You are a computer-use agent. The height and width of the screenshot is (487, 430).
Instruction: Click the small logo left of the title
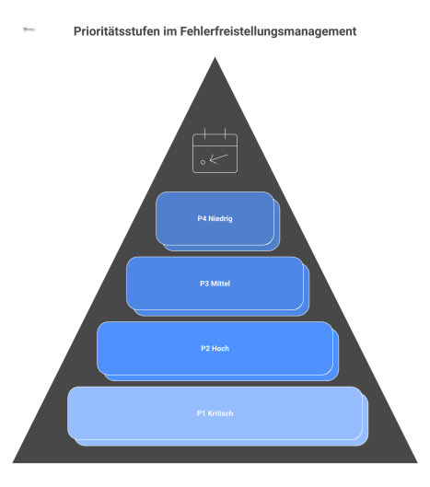click(29, 30)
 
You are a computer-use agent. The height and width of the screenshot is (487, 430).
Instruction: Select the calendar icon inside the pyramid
click(215, 152)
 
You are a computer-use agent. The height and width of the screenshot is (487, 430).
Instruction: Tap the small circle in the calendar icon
click(203, 162)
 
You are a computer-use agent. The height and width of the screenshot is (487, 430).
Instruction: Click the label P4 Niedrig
click(215, 219)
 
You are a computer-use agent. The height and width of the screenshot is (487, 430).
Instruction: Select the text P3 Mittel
click(215, 284)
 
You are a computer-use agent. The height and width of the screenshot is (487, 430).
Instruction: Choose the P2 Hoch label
click(215, 348)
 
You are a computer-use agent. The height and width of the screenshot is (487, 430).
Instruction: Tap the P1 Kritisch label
click(215, 413)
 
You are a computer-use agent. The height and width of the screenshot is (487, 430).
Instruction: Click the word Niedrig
click(220, 219)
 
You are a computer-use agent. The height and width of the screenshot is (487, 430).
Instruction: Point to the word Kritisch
click(220, 413)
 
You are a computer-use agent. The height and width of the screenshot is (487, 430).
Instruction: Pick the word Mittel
click(220, 284)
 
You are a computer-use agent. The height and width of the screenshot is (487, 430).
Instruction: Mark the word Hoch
click(220, 348)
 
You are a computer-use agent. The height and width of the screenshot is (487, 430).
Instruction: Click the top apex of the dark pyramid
click(215, 59)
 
